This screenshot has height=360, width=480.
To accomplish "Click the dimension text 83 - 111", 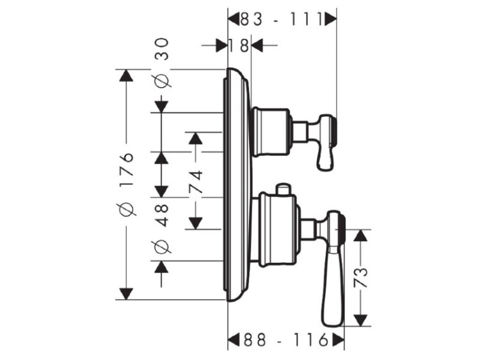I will pos(281,20).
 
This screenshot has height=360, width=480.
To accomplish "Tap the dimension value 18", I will pos(239,45).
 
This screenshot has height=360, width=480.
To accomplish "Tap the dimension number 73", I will pos(362,277).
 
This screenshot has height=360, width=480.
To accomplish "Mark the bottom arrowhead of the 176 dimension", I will pos(127,293).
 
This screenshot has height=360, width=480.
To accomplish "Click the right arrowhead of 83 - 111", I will pos(330,20).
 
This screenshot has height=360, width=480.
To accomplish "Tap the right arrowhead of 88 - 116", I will pos(336,339).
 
